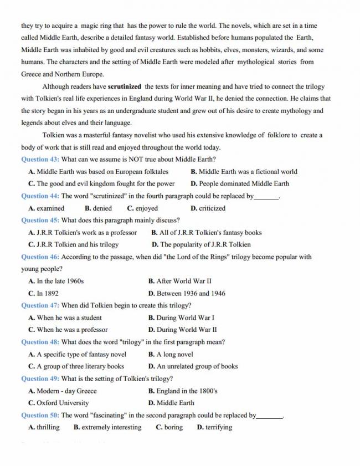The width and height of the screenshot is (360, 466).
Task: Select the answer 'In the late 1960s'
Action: pos(60,281)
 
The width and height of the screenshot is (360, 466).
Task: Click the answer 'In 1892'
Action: pos(47,293)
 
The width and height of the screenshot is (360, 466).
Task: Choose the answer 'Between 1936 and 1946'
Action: pos(191,293)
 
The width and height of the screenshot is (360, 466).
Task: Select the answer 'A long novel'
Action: pos(174,354)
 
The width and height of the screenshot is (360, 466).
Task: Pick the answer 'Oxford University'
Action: pos(62,403)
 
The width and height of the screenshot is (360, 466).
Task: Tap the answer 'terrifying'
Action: pos(218,427)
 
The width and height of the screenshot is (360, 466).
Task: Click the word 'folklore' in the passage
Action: pos(281,135)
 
